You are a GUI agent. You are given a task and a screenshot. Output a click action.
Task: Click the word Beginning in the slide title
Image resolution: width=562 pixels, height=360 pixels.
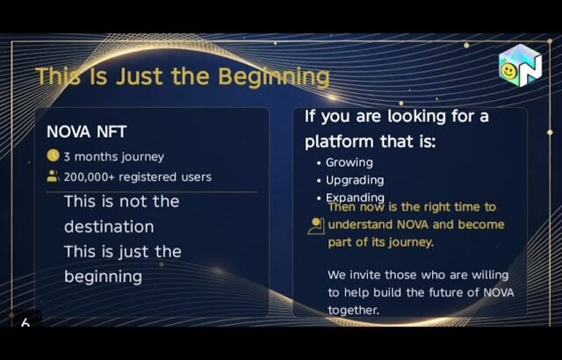(x=274, y=77)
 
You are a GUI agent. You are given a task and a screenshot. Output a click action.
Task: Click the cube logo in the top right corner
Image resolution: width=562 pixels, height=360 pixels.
(x=521, y=66)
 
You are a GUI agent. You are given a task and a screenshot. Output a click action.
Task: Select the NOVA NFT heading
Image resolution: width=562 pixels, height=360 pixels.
(x=86, y=132)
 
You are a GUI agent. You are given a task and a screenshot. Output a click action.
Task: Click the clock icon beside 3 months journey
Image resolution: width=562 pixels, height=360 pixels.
(x=53, y=156)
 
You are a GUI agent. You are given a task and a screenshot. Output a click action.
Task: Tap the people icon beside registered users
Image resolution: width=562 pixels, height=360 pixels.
(x=53, y=176)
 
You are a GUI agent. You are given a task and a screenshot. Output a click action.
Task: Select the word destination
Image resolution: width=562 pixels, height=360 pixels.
(x=109, y=227)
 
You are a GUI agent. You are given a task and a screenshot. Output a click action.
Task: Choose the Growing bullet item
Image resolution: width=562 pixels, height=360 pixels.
(x=349, y=162)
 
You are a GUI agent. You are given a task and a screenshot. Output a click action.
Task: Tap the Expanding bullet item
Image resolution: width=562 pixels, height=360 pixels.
(x=355, y=197)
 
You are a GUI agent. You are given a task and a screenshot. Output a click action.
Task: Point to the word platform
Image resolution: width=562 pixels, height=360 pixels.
(x=339, y=141)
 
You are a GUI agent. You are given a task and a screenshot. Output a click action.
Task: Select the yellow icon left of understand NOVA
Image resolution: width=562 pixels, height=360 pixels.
(x=316, y=226)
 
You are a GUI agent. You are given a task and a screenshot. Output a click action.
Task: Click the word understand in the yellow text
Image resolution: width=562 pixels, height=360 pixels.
(x=362, y=225)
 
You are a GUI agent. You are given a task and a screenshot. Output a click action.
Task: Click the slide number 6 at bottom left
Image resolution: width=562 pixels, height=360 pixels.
(x=25, y=323)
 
